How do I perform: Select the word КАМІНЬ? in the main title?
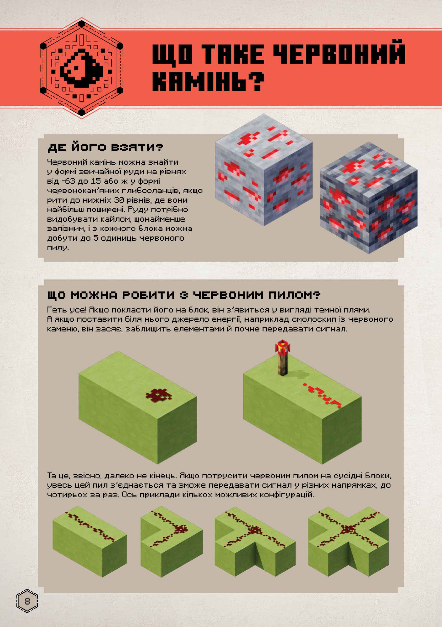click(208, 81)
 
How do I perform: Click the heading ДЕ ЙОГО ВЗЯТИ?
click(105, 148)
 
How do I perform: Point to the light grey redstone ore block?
click(264, 170)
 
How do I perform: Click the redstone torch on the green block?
click(282, 357)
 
